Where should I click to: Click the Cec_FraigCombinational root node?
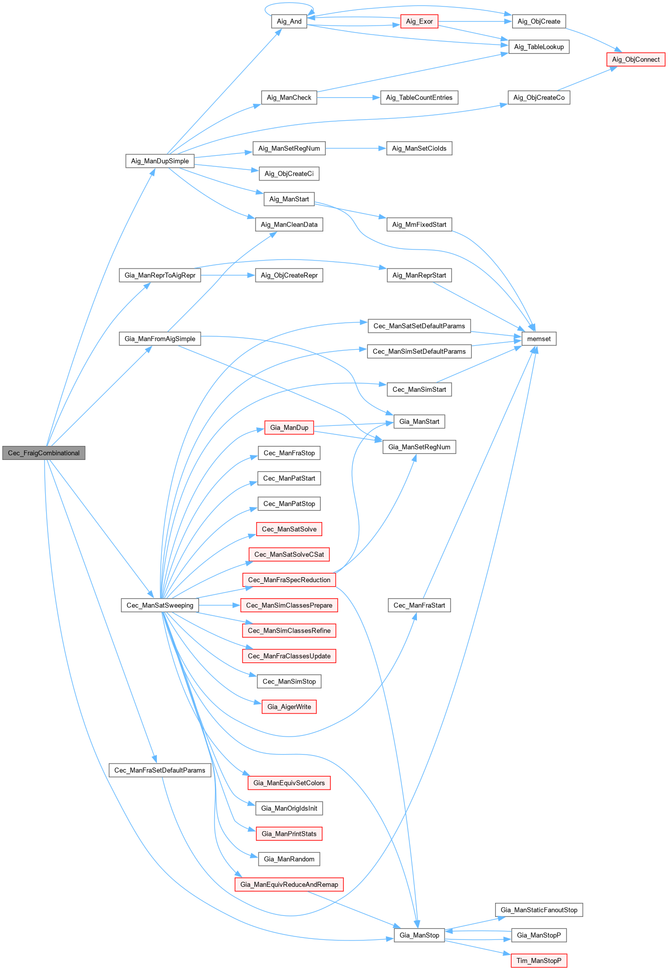coord(44,453)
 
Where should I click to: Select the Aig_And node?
coord(289,22)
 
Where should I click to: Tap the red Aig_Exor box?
coord(419,22)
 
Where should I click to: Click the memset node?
coord(539,339)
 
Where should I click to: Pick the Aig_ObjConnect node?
coord(635,59)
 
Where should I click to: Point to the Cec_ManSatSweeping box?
coord(160,605)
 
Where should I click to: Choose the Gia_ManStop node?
coord(419,935)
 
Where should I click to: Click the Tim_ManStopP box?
coord(539,960)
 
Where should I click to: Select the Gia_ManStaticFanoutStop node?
coord(539,910)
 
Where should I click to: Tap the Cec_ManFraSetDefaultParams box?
coord(160,770)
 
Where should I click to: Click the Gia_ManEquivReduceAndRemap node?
coord(289,884)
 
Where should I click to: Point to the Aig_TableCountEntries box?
coord(419,98)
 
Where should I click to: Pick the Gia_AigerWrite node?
coord(289,706)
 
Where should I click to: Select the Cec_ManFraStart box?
coord(419,605)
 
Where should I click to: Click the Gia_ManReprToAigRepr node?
coord(160,275)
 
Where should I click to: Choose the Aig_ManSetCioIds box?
coord(419,148)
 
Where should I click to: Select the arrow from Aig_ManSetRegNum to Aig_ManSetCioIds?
coord(355,148)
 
